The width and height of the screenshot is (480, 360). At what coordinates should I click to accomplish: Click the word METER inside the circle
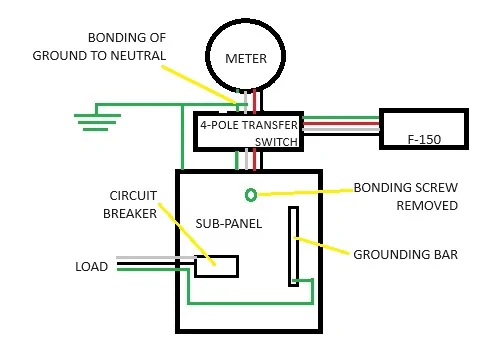(x=246, y=59)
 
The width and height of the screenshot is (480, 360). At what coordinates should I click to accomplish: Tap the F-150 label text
(x=424, y=139)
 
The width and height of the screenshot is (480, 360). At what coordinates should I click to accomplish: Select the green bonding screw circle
(x=251, y=195)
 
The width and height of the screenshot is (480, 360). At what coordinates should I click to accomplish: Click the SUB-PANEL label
(x=229, y=223)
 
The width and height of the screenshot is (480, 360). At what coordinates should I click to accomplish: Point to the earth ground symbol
(x=97, y=122)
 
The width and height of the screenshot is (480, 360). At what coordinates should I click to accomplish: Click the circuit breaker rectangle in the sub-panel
(x=216, y=266)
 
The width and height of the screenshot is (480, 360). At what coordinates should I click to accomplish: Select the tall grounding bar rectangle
(x=293, y=246)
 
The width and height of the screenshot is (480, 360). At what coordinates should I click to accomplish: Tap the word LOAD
(x=92, y=267)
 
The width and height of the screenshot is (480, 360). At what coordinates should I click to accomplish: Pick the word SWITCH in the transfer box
(x=276, y=142)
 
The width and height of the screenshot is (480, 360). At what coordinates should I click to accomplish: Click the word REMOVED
(x=427, y=206)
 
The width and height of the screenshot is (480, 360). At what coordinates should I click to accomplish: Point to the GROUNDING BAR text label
(x=406, y=255)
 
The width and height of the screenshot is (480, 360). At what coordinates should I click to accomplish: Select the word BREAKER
(x=130, y=214)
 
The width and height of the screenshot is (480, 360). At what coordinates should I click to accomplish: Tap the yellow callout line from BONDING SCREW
(x=305, y=192)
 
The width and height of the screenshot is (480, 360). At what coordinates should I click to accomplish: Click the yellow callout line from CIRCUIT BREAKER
(x=187, y=234)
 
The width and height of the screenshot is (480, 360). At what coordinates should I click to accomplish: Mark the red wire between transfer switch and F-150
(x=341, y=124)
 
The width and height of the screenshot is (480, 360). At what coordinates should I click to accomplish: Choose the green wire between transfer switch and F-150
(x=341, y=118)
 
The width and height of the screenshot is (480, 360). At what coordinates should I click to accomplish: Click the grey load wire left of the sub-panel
(x=156, y=258)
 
